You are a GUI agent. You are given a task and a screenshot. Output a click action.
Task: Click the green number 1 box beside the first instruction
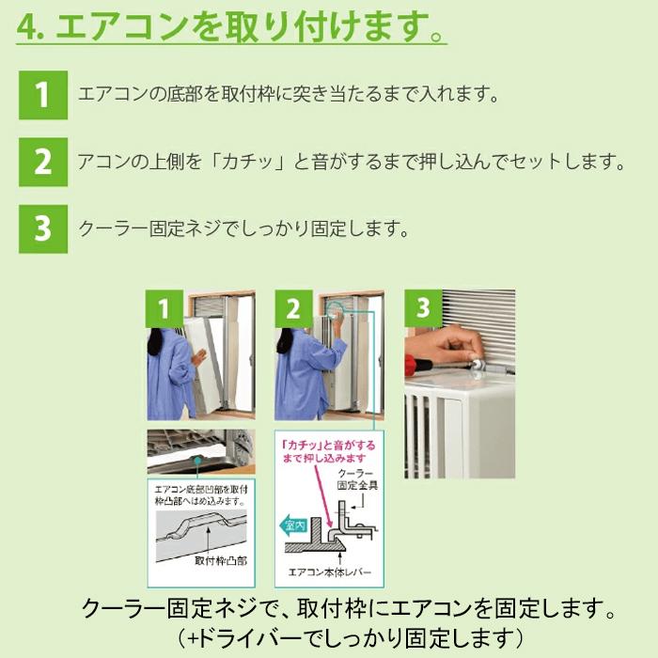tap(42, 95)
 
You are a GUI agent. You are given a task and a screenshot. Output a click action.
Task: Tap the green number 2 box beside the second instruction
tap(42, 163)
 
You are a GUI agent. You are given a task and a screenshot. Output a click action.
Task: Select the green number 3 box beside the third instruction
tap(42, 229)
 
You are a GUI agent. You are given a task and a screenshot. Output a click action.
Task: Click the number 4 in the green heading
tap(26, 27)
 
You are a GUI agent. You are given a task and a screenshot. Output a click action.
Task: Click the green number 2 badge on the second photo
tap(293, 308)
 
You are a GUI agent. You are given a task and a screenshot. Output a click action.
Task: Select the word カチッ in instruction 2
tap(226, 163)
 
